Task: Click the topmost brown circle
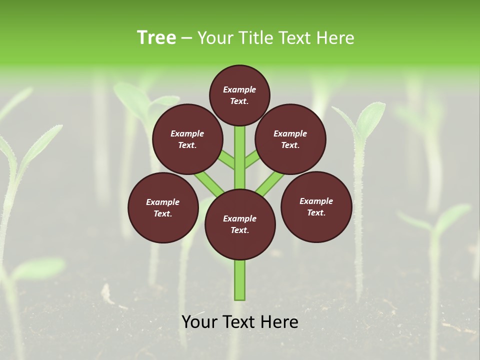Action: click(x=239, y=95)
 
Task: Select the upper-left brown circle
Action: click(x=187, y=139)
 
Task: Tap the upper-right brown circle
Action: click(x=290, y=139)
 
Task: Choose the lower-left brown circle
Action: click(x=163, y=208)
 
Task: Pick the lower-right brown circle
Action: click(x=316, y=207)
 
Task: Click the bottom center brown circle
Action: click(x=240, y=224)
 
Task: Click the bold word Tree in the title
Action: click(x=156, y=38)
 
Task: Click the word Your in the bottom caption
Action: click(x=199, y=322)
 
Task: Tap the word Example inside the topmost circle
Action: click(x=239, y=89)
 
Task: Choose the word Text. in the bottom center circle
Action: click(x=239, y=230)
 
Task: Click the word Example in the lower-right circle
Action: click(x=316, y=201)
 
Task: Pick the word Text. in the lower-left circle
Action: click(x=162, y=213)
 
